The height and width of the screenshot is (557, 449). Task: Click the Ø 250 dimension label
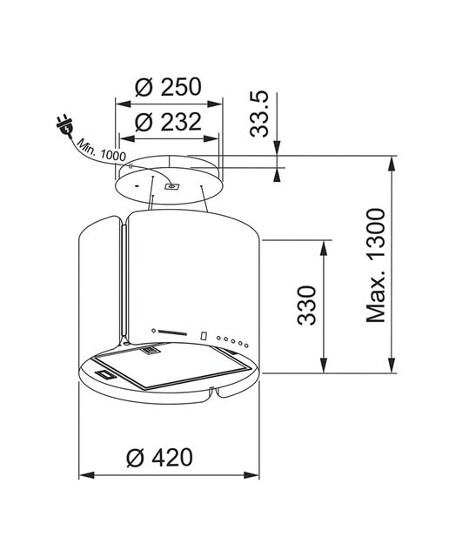(168, 87)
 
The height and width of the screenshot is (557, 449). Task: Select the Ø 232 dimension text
(168, 122)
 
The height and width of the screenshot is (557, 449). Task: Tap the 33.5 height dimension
(259, 114)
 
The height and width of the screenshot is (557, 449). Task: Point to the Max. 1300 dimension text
(375, 265)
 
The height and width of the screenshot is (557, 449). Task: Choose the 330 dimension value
(306, 305)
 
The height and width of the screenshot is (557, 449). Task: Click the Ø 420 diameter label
(159, 457)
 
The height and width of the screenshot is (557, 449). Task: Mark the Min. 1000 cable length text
(102, 150)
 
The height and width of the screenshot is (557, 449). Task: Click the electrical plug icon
(65, 125)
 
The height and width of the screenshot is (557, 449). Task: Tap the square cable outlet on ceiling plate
(172, 186)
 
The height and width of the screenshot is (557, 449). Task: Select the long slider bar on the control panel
(172, 332)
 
